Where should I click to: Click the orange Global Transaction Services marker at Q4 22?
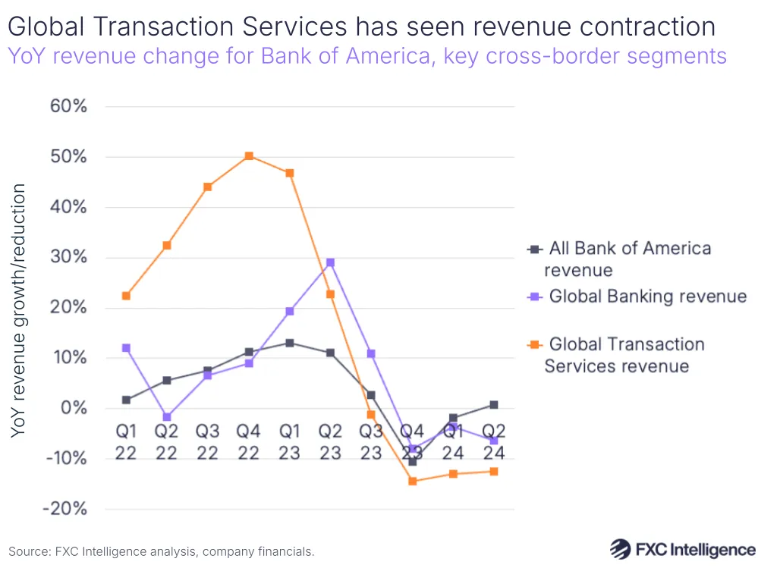click(249, 156)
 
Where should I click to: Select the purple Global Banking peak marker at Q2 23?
click(330, 262)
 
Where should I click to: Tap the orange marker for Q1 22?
click(126, 296)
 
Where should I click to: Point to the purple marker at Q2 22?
click(167, 417)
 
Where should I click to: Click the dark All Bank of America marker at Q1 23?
click(289, 343)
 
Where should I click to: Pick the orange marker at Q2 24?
click(493, 472)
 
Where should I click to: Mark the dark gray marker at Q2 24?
click(493, 405)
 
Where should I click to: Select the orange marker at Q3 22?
click(208, 187)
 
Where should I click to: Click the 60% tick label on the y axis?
click(68, 106)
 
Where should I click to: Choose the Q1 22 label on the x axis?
click(126, 441)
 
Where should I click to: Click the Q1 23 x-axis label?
click(289, 441)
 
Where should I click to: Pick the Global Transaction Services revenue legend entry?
click(625, 355)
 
